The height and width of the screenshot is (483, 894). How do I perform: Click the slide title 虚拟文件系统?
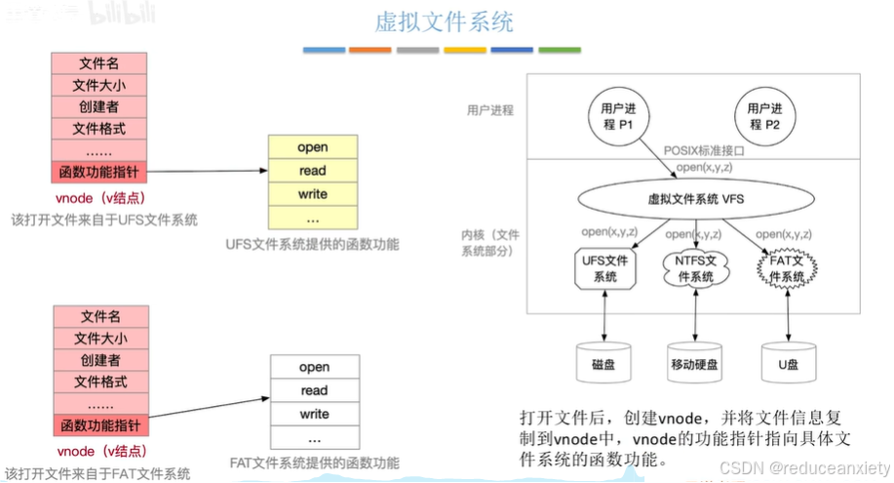click(x=445, y=21)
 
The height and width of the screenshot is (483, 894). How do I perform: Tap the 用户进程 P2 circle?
click(x=763, y=118)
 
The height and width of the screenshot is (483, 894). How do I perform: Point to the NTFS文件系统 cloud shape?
click(x=696, y=269)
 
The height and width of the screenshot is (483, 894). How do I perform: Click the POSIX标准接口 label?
click(x=704, y=151)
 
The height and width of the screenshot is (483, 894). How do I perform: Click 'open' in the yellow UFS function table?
click(x=313, y=147)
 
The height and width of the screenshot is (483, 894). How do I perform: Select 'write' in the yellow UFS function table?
click(x=313, y=194)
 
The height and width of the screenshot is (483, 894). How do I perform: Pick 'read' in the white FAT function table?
click(x=314, y=390)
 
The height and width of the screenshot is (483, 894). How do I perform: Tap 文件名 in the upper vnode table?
click(x=99, y=63)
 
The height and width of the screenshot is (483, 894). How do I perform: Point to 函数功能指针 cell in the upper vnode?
click(x=99, y=172)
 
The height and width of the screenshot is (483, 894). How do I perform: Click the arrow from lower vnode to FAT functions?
click(x=210, y=410)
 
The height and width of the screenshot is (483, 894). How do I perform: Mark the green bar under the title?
click(x=560, y=49)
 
